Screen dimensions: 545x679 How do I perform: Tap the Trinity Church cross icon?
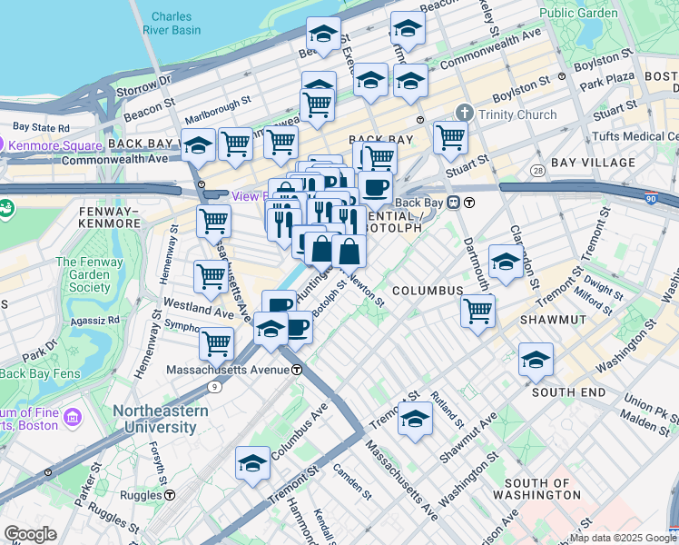pyautogui.click(x=465, y=114)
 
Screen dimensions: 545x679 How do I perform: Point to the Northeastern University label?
pyautogui.click(x=160, y=418)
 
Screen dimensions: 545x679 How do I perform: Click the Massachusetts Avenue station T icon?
pyautogui.click(x=297, y=371)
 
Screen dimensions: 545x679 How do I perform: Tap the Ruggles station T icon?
pyautogui.click(x=170, y=495)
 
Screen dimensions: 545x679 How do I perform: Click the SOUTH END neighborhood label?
pyautogui.click(x=568, y=391)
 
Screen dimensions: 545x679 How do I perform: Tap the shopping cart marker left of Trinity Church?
pyautogui.click(x=449, y=137)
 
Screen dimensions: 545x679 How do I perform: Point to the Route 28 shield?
pyautogui.click(x=538, y=171)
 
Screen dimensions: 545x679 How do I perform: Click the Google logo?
pyautogui.click(x=30, y=534)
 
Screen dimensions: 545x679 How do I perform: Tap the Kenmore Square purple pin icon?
pyautogui.click(x=4, y=144)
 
